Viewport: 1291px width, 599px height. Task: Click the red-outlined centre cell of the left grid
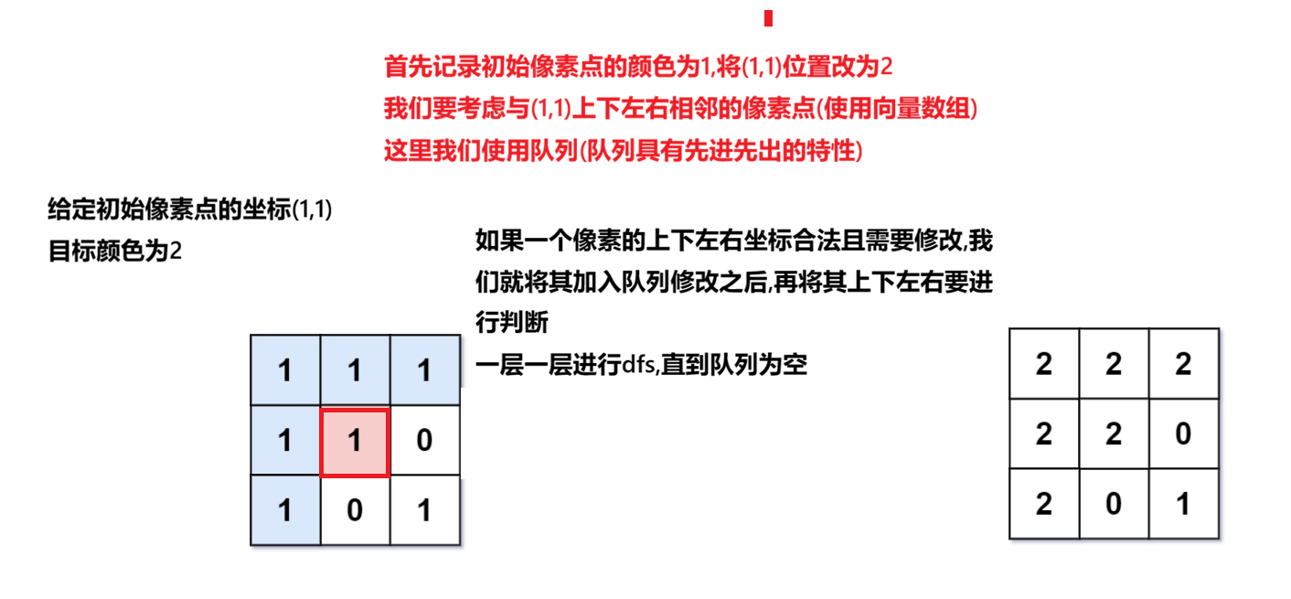point(355,442)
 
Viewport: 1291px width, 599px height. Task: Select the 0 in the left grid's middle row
point(424,442)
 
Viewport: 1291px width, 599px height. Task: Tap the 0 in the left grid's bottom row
point(355,510)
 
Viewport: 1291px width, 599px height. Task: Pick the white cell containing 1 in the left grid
point(424,510)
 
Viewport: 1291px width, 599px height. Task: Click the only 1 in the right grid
point(1183,503)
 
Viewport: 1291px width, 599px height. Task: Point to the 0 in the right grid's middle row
point(1183,433)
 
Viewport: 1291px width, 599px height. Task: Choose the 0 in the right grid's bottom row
point(1114,503)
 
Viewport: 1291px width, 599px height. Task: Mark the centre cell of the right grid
point(1114,433)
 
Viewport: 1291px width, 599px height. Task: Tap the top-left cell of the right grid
point(1044,364)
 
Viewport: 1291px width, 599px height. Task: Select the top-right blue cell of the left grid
point(424,371)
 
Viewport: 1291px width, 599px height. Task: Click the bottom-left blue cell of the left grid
point(285,510)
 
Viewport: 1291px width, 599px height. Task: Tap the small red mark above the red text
point(768,18)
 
